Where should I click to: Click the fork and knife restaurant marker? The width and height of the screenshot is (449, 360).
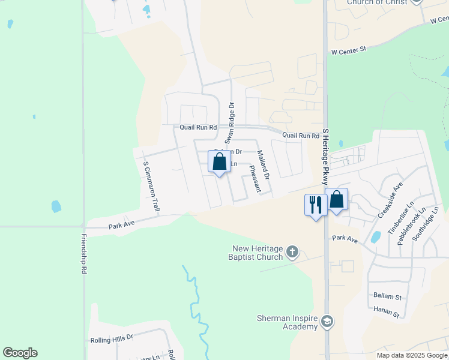[316, 205]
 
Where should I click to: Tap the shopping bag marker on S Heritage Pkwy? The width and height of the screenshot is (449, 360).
[336, 200]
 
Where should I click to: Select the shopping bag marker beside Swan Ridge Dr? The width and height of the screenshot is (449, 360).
[219, 162]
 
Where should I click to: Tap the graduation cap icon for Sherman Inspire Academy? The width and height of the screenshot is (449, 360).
[327, 321]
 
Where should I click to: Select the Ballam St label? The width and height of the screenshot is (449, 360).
[387, 296]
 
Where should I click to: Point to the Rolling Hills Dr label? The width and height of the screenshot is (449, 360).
[111, 339]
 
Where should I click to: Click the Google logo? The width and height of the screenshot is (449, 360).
[20, 353]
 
